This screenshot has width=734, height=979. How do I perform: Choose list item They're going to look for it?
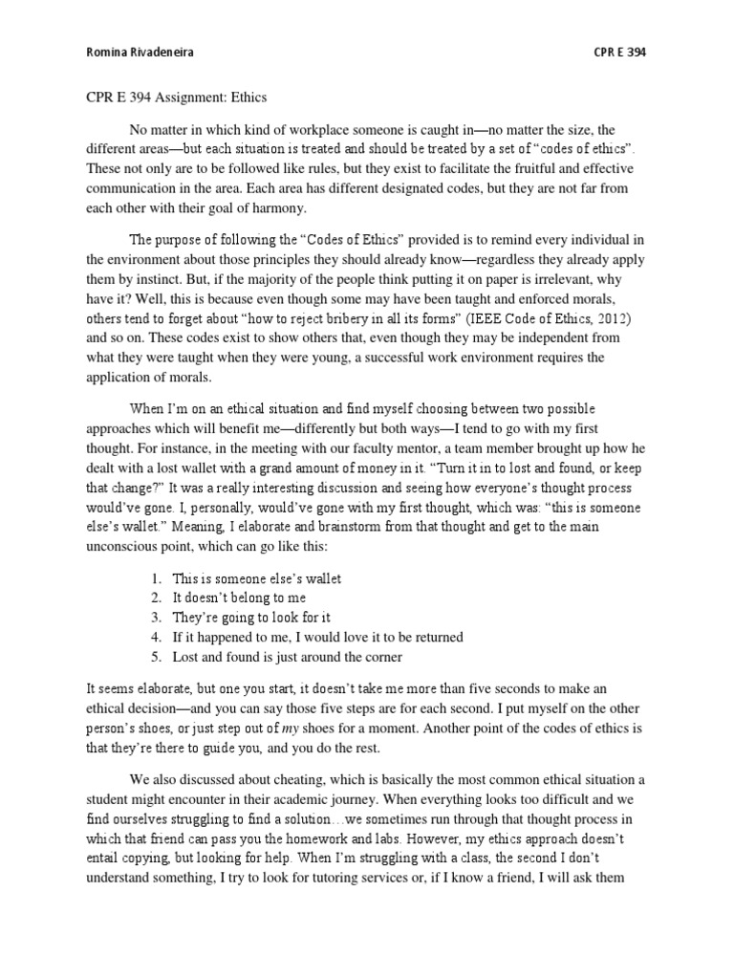click(x=250, y=618)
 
